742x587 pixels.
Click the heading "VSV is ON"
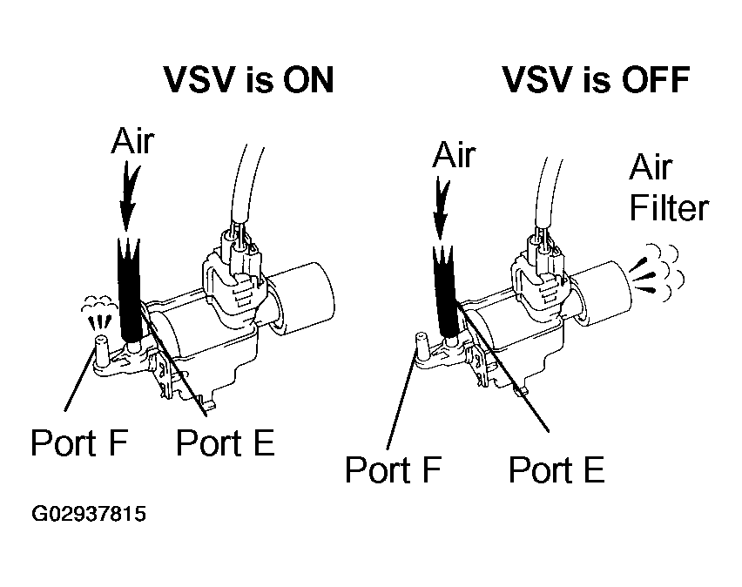pos(249,81)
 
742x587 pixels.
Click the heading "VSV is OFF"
pos(597,81)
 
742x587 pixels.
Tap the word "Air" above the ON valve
pos(132,140)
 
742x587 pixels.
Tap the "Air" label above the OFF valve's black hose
pos(454,154)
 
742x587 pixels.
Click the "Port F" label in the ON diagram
pos(79,442)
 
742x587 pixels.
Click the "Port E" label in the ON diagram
pos(225,442)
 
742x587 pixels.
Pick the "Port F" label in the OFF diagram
pos(394,469)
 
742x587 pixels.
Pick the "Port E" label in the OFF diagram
pos(556,469)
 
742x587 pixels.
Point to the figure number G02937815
pos(89,515)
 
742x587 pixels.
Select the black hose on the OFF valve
pos(449,292)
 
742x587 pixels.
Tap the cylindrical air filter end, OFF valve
pos(601,287)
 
